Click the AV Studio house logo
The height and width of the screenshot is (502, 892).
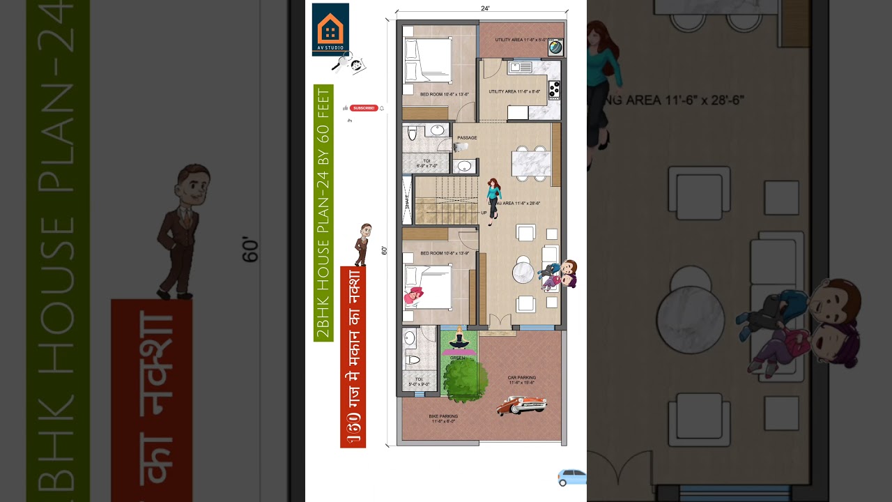click(x=330, y=29)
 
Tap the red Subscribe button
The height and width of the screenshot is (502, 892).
click(x=364, y=108)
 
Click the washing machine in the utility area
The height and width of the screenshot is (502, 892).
click(x=555, y=47)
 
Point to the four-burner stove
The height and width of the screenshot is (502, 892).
click(x=555, y=90)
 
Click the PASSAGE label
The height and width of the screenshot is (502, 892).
click(x=467, y=138)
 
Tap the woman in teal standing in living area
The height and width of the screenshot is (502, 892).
click(x=494, y=198)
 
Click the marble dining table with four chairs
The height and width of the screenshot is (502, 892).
click(x=531, y=163)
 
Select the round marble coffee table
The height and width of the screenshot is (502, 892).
click(x=523, y=271)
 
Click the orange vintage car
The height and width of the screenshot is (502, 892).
click(x=521, y=405)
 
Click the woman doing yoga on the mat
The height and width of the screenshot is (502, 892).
click(x=459, y=341)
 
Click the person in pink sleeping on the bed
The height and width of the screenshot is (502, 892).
click(x=413, y=296)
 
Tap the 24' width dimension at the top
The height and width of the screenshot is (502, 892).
click(x=485, y=8)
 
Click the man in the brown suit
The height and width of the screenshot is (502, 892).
click(x=363, y=243)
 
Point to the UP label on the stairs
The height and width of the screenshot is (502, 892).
click(x=484, y=213)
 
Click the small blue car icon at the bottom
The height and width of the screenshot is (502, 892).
click(x=571, y=478)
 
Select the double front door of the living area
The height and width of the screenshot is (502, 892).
click(x=499, y=321)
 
